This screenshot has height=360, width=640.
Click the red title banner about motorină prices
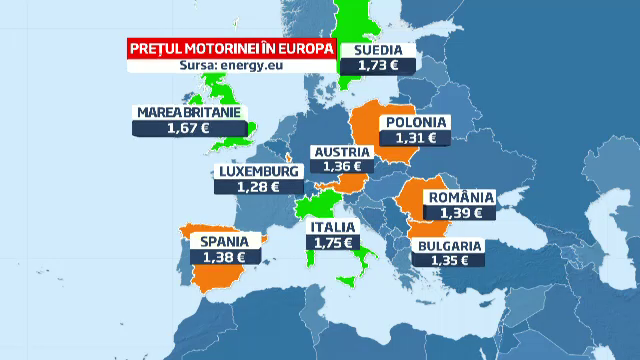tap(229, 49)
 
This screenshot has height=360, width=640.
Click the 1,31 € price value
tap(414, 138)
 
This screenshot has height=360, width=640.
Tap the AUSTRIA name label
tap(341, 152)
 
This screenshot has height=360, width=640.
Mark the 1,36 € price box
tap(342, 166)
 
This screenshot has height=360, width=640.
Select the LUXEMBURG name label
tap(259, 171)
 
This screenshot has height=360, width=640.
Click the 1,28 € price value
tap(258, 187)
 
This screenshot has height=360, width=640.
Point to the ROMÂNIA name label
tap(457, 197)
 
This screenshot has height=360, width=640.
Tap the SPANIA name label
tap(224, 242)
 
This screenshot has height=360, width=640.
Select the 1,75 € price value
tap(333, 242)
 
